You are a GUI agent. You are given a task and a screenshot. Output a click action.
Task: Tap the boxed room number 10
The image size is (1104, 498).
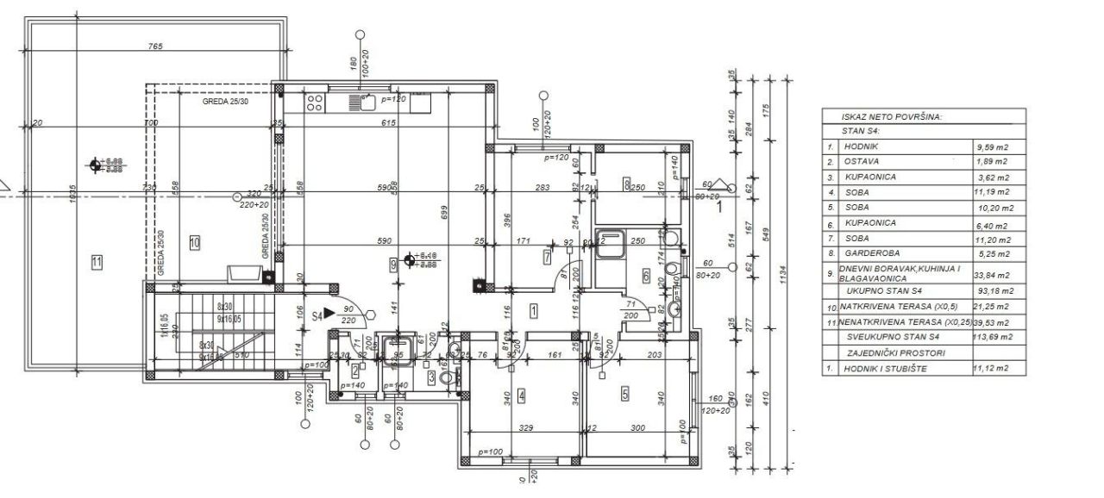point(194,243)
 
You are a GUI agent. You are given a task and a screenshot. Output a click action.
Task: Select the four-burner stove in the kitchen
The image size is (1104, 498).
point(315,103)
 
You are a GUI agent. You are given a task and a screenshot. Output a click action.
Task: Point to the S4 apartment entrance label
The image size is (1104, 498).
point(317,316)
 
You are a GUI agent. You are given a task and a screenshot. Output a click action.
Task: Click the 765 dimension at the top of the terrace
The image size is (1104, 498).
point(155,46)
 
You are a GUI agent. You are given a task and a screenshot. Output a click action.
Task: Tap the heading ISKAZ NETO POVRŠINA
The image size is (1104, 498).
point(893,116)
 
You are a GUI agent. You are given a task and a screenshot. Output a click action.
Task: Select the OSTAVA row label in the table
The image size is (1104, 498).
point(860,161)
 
